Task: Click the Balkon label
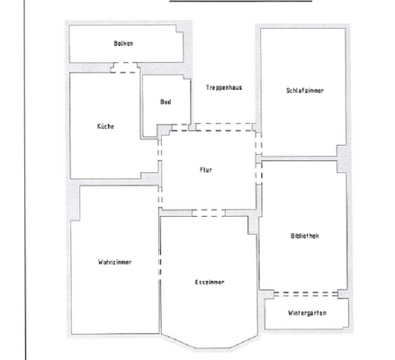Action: coord(123,43)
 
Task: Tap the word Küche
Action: coord(105,127)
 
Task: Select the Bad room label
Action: coord(166,102)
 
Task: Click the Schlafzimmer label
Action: coord(305,90)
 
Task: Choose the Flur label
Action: coord(205,169)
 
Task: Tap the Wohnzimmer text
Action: coord(115,262)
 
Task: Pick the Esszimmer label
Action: coord(210,282)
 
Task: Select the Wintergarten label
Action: coord(307,312)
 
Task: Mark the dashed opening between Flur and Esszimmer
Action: coord(209,213)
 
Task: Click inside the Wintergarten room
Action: coord(306,321)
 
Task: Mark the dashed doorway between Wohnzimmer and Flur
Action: coord(159,193)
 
